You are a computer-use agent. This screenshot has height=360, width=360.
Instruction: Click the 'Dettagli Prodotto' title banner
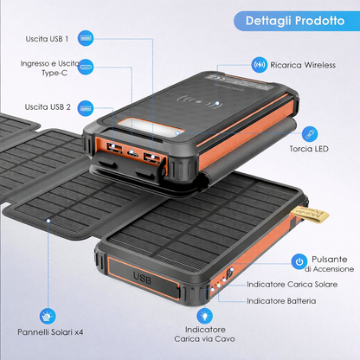point(297,21)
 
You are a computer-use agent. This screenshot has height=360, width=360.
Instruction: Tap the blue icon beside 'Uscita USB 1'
point(86,38)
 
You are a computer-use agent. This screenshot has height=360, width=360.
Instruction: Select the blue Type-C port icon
point(86,67)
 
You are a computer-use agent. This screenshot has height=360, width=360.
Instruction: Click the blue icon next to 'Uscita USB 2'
point(86,108)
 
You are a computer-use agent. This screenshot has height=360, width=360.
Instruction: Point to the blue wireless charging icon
point(259,65)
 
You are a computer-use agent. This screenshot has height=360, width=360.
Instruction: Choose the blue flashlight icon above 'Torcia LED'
point(310,134)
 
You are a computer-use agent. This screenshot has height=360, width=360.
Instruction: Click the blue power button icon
point(299,261)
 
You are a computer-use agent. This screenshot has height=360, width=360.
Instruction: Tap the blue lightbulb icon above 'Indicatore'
point(205,316)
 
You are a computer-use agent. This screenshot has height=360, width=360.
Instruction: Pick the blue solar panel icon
point(48,317)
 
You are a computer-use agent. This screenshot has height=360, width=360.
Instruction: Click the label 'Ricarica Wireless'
point(303,65)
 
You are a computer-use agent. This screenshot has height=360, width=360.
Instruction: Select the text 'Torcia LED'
point(309,149)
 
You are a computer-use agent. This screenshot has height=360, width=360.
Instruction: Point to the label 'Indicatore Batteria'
point(281,301)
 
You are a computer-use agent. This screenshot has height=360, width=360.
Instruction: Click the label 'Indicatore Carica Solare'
point(292,285)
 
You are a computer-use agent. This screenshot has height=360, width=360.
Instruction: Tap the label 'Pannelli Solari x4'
point(50,332)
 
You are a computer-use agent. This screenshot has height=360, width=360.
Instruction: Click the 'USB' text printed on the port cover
point(142,278)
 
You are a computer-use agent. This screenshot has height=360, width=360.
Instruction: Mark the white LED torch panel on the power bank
point(151,127)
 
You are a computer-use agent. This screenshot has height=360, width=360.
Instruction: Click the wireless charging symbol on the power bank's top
point(198,101)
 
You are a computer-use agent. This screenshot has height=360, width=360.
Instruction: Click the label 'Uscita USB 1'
point(47,39)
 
